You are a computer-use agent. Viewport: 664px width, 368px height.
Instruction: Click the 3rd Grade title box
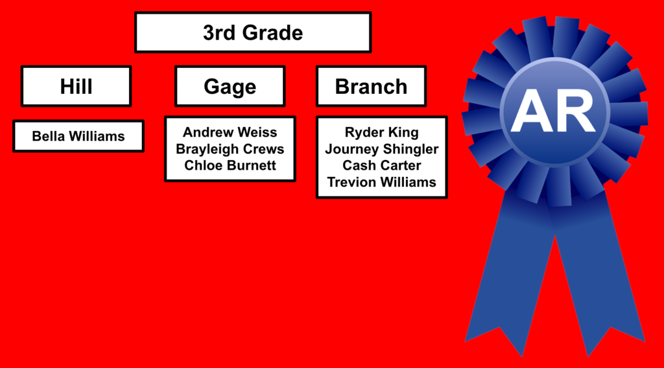tap(253, 32)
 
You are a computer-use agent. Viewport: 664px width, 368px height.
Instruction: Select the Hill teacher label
tap(77, 86)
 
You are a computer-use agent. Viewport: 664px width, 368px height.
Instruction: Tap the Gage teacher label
tap(230, 86)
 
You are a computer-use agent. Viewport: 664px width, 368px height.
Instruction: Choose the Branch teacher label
tap(371, 86)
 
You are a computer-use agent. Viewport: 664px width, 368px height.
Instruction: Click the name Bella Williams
tap(78, 136)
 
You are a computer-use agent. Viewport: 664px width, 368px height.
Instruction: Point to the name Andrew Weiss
tap(230, 132)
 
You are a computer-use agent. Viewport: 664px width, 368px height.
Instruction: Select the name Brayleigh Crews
tap(230, 149)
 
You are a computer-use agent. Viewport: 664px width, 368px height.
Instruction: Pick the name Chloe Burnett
tap(230, 165)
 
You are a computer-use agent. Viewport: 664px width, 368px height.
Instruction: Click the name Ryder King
tap(381, 132)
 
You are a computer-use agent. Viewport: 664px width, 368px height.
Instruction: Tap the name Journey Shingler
tap(381, 149)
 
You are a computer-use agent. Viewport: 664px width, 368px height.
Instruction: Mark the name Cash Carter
tap(381, 165)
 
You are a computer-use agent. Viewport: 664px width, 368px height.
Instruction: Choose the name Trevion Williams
tap(381, 182)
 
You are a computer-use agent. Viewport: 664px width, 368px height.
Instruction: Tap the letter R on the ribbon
tap(576, 111)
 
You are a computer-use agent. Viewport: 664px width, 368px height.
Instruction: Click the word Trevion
tap(352, 182)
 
